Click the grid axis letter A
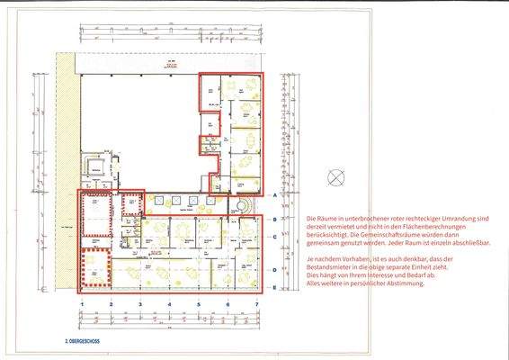pos(273,194)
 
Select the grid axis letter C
pos(273,237)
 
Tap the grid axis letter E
pos(273,287)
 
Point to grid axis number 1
pos(81,305)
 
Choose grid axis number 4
pos(169,305)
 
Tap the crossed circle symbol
pos(336,176)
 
